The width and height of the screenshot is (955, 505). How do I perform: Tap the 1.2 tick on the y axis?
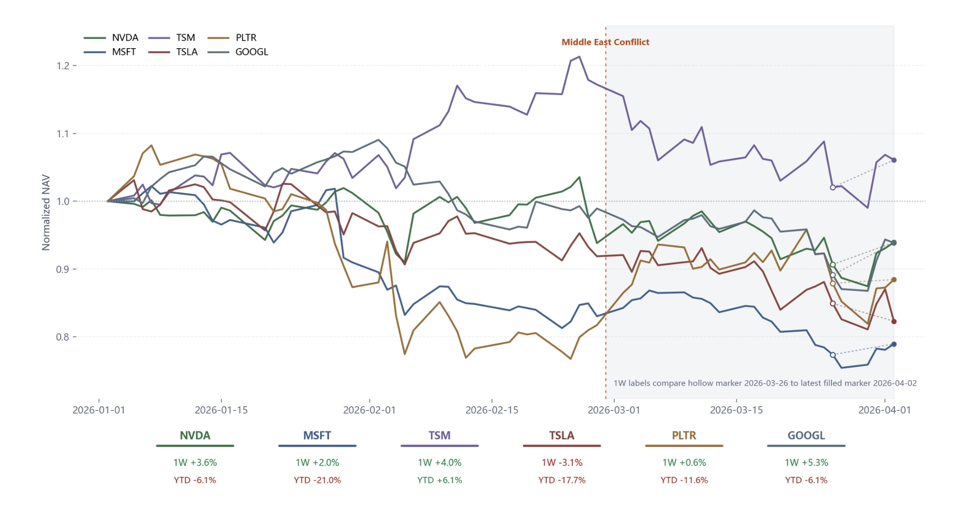[x=63, y=66]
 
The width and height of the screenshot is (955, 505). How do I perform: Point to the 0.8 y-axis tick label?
[x=63, y=337]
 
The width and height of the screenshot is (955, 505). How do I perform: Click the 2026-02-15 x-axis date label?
[x=492, y=410]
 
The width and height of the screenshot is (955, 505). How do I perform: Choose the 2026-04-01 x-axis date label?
[x=884, y=410]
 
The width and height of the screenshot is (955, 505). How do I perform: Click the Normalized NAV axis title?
[x=46, y=212]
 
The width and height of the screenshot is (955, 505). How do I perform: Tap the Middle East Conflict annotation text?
[x=605, y=42]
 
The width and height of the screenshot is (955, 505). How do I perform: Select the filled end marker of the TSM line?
[x=894, y=160]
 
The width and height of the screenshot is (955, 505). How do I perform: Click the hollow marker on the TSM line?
[x=833, y=187]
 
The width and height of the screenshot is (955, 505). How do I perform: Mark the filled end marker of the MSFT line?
[x=894, y=344]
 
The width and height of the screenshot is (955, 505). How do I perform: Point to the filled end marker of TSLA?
[x=894, y=321]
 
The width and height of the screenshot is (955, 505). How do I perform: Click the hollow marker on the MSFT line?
[x=833, y=355]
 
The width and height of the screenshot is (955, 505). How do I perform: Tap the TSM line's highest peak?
[x=579, y=57]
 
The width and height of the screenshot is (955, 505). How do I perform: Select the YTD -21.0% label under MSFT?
[x=317, y=480]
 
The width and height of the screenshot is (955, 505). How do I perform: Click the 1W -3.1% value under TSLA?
[x=562, y=462]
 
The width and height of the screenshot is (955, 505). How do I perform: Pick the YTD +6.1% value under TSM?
[x=439, y=480]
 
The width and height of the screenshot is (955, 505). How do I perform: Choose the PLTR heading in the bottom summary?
[x=684, y=435]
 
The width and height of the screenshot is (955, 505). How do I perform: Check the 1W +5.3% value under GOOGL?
[x=806, y=462]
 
